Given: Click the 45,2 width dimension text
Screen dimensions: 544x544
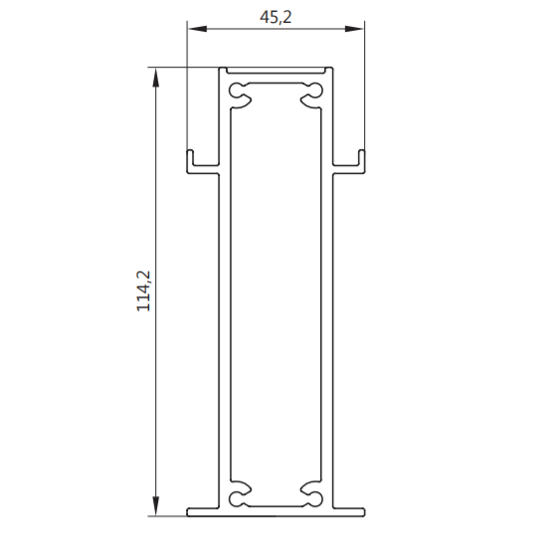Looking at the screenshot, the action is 275,17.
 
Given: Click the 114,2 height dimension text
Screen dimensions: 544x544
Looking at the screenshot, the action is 143,291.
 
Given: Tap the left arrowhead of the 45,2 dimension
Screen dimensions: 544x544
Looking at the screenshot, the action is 197,29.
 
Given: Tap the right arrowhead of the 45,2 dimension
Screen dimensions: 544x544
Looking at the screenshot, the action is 354,29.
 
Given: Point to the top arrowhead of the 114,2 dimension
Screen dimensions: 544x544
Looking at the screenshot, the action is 156,78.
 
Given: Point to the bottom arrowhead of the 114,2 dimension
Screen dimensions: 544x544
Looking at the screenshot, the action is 156,506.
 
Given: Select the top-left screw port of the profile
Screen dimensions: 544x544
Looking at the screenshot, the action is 240,95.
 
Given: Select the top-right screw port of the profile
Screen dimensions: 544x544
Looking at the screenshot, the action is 311,95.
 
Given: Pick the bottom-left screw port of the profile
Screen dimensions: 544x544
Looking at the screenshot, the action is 240,493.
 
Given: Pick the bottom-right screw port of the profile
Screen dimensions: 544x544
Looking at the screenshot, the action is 311,493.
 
